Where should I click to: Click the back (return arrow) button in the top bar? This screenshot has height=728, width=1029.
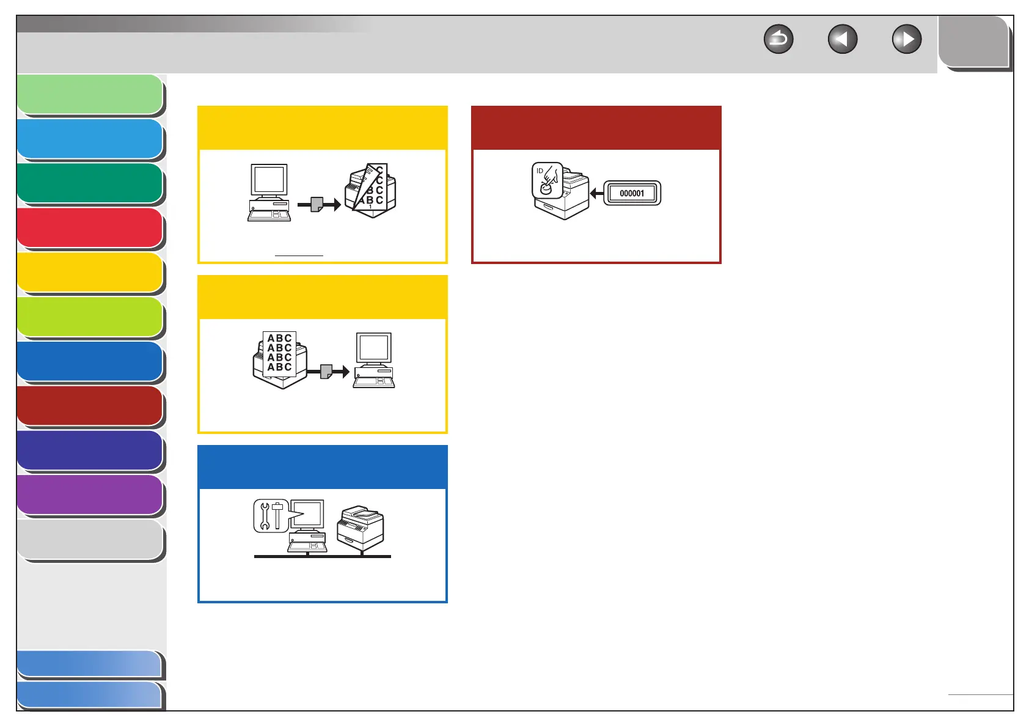point(778,40)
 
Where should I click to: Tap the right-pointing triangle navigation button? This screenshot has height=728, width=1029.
point(907,40)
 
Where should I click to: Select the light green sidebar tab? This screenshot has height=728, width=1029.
point(90,94)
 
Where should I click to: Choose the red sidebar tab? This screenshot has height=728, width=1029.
point(90,227)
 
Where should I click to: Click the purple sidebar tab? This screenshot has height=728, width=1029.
point(90,495)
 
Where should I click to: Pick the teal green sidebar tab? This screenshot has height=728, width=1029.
point(90,183)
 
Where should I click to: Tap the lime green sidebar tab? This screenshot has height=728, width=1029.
point(90,317)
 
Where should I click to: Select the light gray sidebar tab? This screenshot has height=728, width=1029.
point(90,539)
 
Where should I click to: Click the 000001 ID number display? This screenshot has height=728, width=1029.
point(632,193)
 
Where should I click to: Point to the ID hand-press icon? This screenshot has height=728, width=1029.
point(547,180)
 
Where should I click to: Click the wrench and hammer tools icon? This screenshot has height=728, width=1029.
point(271,516)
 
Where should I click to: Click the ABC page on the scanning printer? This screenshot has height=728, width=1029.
point(279,353)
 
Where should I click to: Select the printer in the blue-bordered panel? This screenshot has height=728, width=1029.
point(361,528)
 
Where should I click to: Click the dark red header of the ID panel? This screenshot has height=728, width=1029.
point(596,128)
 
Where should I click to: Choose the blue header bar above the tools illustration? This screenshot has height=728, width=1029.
point(322,467)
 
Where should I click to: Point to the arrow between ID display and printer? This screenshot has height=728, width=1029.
point(596,194)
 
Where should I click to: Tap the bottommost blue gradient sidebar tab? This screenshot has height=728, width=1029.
point(90,696)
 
